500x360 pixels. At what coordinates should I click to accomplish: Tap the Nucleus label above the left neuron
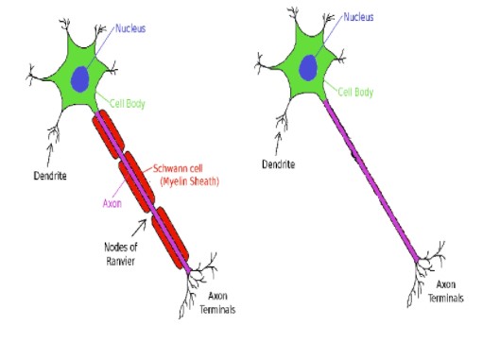(131, 28)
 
